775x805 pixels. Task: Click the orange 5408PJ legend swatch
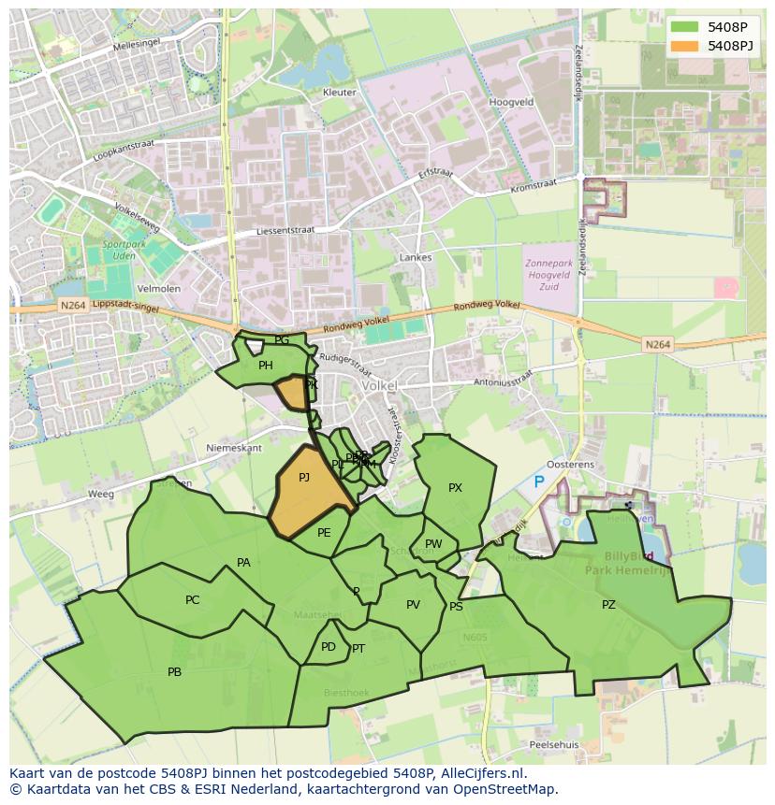tap(684, 46)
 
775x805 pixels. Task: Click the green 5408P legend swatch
tap(684, 27)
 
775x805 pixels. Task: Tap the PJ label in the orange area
tap(304, 478)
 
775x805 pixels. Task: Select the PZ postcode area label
tap(608, 605)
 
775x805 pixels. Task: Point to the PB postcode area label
tap(174, 672)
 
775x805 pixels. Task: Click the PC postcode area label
tap(192, 600)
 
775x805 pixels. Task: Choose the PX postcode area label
tap(455, 488)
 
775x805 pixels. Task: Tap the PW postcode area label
tap(433, 544)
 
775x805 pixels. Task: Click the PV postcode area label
tap(413, 605)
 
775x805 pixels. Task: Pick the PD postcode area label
tap(328, 647)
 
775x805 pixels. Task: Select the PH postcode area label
tap(266, 366)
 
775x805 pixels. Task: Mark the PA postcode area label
tap(243, 563)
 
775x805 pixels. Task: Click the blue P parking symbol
tap(538, 482)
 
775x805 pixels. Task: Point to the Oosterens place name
tap(570, 465)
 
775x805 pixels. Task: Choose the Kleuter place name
tap(339, 93)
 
